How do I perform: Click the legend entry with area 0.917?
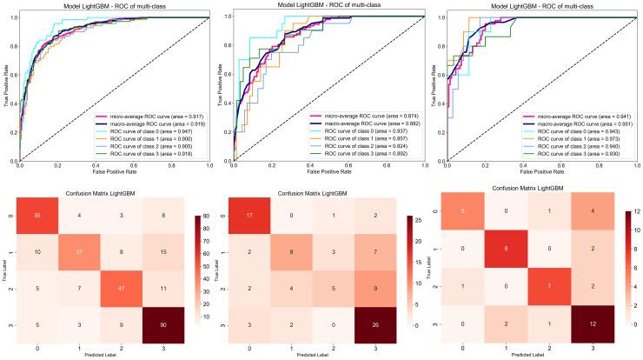pos(151,116)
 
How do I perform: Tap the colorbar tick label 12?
pos(631,210)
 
